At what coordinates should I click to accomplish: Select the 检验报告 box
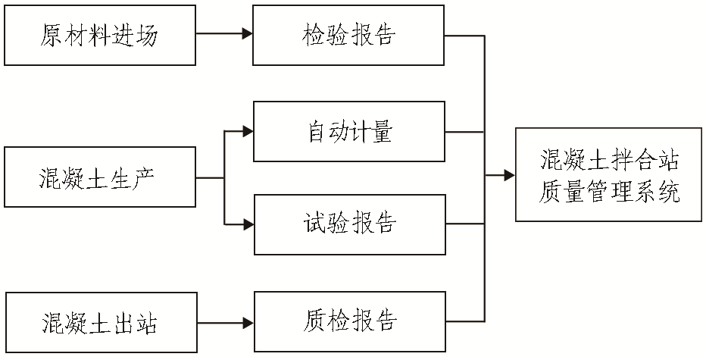(x=349, y=35)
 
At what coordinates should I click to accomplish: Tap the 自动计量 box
(x=349, y=132)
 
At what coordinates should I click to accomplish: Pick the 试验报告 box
(x=349, y=224)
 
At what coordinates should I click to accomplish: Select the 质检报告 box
(x=349, y=321)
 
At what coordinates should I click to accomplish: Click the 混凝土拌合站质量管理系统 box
(x=608, y=175)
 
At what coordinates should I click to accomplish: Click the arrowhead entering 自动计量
(x=248, y=132)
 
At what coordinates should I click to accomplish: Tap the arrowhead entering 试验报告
(x=248, y=224)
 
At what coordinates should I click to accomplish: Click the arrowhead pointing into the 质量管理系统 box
(x=510, y=176)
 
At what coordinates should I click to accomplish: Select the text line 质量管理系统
(x=608, y=191)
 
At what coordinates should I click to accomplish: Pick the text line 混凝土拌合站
(x=608, y=160)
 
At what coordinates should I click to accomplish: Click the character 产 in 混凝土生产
(x=148, y=179)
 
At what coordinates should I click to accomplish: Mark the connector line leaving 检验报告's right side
(x=464, y=35)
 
